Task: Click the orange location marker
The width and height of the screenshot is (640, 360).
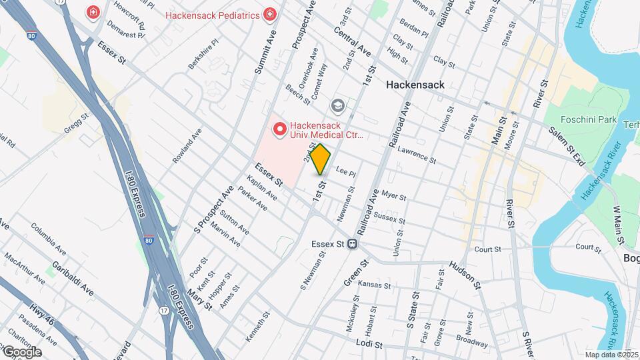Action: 321,159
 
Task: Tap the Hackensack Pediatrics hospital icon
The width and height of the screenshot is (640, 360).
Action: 269,13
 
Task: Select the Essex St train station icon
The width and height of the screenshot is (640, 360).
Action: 351,244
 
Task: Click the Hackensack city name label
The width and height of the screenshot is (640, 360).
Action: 415,85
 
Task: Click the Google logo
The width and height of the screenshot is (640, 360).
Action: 21,351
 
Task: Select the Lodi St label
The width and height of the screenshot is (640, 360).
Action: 369,345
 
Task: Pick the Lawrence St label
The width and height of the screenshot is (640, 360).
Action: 416,156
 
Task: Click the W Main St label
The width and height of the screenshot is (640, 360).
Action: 618,220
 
